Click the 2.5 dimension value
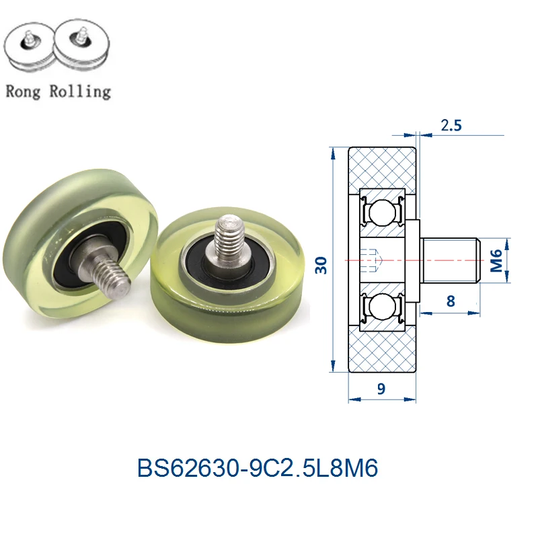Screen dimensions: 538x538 point(451,125)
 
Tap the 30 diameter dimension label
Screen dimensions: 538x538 point(321,265)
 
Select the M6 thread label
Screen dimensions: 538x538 point(496,260)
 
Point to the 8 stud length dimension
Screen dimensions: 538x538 point(451,301)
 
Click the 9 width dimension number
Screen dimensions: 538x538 point(381,389)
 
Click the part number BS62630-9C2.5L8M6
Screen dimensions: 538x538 point(258,467)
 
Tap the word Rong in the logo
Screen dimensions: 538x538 point(23,91)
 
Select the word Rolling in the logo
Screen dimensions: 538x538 point(80,91)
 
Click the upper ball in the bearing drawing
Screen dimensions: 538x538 point(381,213)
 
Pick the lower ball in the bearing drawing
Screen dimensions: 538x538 point(381,307)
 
